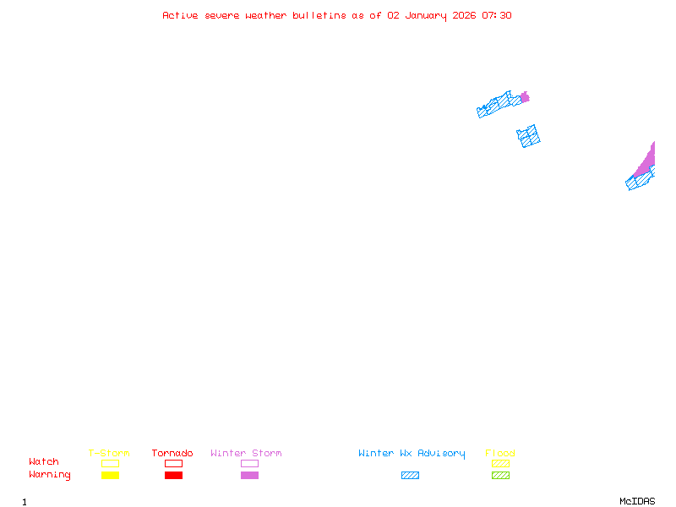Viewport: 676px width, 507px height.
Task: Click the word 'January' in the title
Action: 426,16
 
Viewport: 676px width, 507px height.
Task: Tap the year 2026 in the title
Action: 464,15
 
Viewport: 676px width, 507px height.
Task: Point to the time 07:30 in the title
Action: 497,15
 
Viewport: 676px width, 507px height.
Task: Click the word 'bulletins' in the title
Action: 319,15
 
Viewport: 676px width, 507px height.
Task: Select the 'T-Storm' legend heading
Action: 109,453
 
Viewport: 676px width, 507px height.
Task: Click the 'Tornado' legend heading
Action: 172,453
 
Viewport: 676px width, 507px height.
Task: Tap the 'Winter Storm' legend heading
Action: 246,453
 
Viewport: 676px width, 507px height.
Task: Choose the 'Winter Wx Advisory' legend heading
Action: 412,454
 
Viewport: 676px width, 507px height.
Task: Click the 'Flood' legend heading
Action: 500,453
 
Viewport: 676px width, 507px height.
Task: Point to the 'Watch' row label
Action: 44,461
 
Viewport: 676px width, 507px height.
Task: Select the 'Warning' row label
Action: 50,475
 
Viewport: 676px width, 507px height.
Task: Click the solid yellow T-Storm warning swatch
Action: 111,475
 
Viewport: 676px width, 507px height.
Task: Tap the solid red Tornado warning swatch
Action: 174,475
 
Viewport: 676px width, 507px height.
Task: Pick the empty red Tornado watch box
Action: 174,460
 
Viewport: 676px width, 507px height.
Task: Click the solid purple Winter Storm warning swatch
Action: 249,475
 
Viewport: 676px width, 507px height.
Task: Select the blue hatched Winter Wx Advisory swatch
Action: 410,475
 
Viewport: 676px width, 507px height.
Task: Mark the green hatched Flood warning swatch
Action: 500,475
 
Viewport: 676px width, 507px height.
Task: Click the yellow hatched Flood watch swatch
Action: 500,463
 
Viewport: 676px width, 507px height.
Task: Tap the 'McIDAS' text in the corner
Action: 637,501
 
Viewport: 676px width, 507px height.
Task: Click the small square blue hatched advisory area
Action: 528,136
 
